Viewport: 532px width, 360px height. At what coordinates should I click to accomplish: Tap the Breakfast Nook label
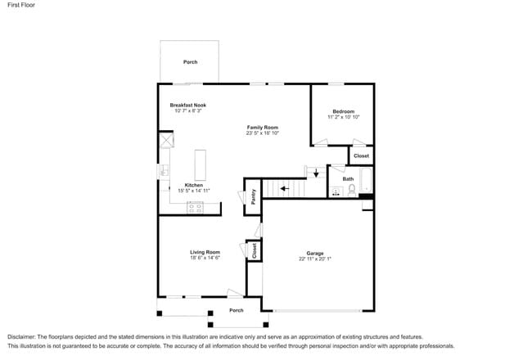click(187, 105)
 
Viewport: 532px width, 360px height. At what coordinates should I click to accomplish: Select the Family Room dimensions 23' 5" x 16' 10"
click(263, 133)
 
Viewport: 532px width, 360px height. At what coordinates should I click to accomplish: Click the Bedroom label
click(343, 111)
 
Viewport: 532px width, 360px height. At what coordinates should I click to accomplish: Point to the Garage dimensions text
click(315, 259)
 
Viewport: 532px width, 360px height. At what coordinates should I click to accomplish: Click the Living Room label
click(205, 252)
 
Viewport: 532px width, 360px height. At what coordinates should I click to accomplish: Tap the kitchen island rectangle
click(200, 164)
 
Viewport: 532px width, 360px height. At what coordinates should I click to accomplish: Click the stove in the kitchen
click(195, 208)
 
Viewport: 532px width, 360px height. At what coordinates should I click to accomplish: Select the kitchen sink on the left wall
click(164, 172)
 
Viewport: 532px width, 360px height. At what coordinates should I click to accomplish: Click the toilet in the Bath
click(352, 190)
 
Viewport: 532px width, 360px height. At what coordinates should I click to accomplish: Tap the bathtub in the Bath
click(366, 180)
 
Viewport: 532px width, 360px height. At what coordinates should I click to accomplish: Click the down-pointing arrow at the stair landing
click(315, 173)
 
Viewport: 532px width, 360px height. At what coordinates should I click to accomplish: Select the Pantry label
click(254, 196)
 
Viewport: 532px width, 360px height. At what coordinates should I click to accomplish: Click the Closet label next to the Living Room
click(255, 250)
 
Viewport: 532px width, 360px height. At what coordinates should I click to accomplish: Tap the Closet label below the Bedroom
click(361, 155)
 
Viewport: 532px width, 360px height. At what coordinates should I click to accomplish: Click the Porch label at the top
click(190, 62)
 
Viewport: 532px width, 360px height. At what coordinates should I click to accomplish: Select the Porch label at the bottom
click(236, 310)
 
